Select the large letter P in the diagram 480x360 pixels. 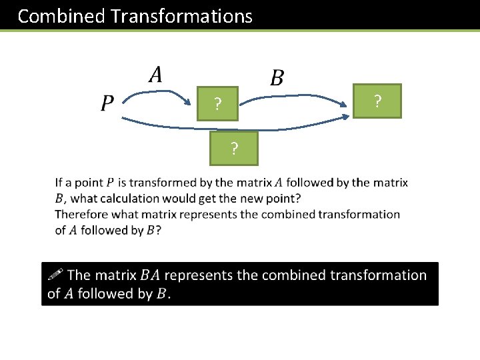[107, 103]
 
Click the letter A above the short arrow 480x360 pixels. [155, 73]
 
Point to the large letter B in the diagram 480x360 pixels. [277, 78]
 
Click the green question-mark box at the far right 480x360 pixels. [377, 101]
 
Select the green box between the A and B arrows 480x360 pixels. [217, 104]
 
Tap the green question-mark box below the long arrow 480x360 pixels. [233, 147]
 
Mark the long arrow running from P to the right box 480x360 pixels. [233, 125]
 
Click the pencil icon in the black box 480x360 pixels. [55, 273]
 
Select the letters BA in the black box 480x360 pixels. [150, 275]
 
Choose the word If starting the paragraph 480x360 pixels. [59, 182]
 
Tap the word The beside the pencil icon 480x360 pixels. [79, 275]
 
